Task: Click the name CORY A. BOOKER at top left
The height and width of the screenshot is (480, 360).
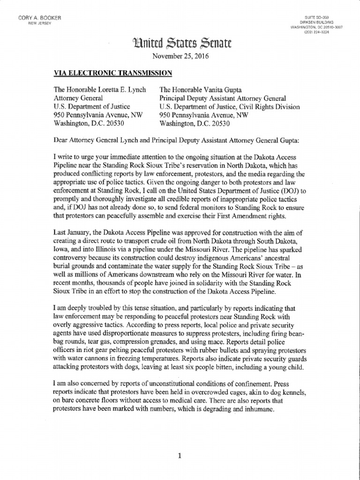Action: tap(40, 18)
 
